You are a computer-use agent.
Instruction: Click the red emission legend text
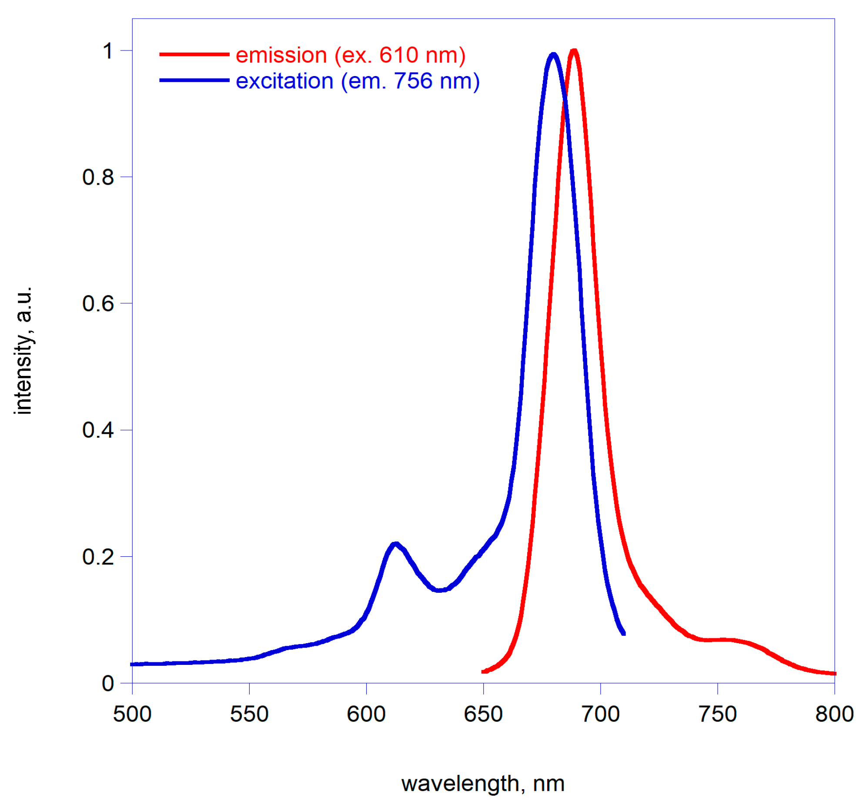(350, 55)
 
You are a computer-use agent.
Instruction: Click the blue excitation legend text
(358, 81)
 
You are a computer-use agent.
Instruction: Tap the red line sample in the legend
(194, 54)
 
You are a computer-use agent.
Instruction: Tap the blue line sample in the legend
(194, 80)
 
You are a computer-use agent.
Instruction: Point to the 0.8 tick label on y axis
(98, 177)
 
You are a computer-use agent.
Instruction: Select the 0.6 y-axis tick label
(98, 303)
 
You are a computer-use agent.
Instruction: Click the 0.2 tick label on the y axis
(98, 557)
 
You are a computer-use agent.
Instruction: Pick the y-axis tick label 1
(108, 51)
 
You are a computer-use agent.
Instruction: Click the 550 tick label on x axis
(249, 714)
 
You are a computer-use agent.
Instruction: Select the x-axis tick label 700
(600, 714)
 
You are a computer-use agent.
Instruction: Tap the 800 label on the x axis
(834, 714)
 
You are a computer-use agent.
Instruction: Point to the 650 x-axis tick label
(483, 714)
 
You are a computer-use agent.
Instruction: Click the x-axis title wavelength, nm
(483, 784)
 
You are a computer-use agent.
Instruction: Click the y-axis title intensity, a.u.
(23, 350)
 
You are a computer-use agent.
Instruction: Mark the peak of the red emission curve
(574, 51)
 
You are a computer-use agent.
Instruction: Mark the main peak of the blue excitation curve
(553, 55)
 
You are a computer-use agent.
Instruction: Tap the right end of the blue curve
(624, 633)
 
